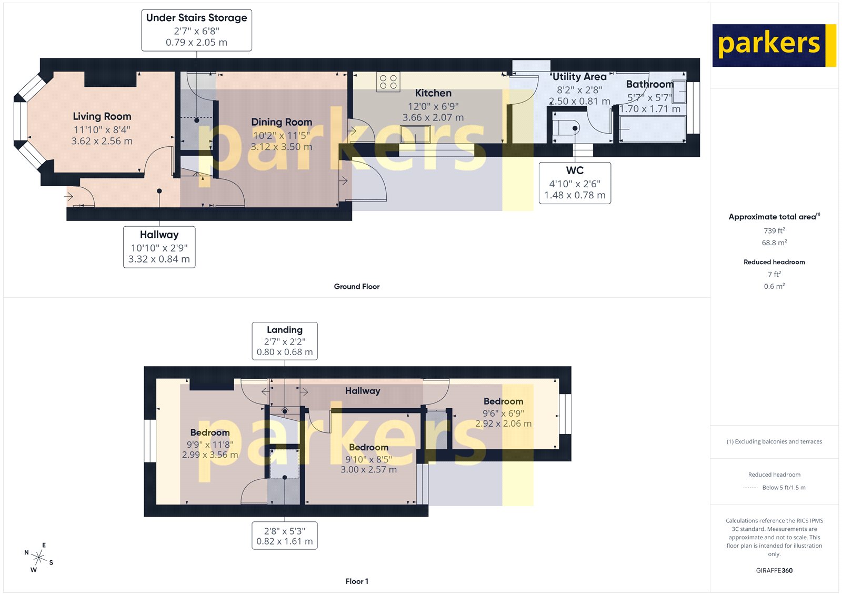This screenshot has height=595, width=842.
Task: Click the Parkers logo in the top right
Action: click(x=774, y=45)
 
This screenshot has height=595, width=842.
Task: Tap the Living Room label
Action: click(x=102, y=116)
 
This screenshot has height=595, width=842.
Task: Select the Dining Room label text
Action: click(x=282, y=122)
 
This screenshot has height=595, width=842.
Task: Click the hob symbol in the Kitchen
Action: click(x=388, y=82)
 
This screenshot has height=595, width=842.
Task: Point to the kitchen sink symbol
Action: click(x=415, y=135)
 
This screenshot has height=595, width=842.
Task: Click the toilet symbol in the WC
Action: click(x=566, y=128)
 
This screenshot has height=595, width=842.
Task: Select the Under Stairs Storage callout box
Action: click(x=196, y=30)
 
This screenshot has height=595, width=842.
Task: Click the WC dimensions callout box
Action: click(x=575, y=183)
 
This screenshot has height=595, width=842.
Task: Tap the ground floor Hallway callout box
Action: click(x=159, y=247)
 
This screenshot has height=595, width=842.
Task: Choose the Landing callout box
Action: click(x=285, y=341)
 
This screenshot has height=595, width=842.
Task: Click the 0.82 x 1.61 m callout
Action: click(x=285, y=536)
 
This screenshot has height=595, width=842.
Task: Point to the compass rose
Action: click(x=38, y=557)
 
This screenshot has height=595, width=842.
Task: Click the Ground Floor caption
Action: click(x=356, y=286)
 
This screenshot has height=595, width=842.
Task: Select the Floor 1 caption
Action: click(x=356, y=581)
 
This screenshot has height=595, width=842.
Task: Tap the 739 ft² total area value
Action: click(x=774, y=230)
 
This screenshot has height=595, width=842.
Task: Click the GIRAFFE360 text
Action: click(x=774, y=570)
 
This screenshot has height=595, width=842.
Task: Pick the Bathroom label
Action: click(x=649, y=84)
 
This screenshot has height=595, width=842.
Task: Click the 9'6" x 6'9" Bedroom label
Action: click(x=503, y=401)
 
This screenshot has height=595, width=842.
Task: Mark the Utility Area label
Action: click(x=579, y=77)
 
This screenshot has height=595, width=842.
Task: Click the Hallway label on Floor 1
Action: click(x=363, y=391)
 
